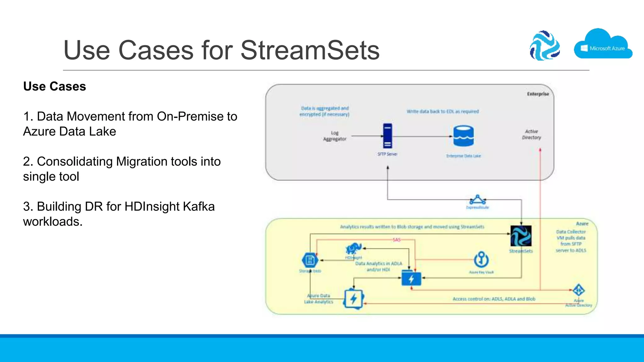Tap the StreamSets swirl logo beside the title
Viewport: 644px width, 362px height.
(x=545, y=46)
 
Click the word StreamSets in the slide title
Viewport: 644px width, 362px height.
(x=310, y=50)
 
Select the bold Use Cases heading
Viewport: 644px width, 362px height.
(x=54, y=86)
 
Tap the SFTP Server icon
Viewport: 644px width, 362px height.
(x=387, y=136)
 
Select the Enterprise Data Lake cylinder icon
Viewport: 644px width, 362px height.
(x=463, y=136)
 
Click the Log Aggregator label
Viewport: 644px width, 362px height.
(x=335, y=136)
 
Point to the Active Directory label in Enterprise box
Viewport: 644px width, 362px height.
(x=531, y=134)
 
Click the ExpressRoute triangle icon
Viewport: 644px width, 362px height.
(x=477, y=200)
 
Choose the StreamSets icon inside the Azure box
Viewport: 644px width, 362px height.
(x=521, y=236)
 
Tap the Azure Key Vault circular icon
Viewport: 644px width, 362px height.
(x=481, y=260)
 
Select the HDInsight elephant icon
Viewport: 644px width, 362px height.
(x=353, y=249)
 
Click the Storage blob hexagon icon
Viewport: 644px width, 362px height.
(x=310, y=260)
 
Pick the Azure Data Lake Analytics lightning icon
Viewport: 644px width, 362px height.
(x=354, y=299)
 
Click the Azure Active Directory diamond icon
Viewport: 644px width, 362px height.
(x=579, y=290)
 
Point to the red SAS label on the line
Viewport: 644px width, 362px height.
(x=397, y=240)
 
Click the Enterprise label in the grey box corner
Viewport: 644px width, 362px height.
(x=538, y=94)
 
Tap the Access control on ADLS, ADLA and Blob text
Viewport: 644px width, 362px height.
(x=494, y=299)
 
